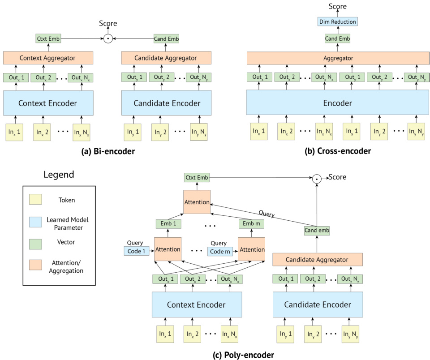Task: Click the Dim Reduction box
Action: pyautogui.click(x=337, y=21)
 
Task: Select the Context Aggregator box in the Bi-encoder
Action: pyautogui.click(x=48, y=58)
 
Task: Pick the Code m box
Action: pyautogui.click(x=220, y=252)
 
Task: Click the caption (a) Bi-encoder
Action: pyautogui.click(x=108, y=151)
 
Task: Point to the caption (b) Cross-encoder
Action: pyautogui.click(x=338, y=151)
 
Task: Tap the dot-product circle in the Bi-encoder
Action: pyautogui.click(x=107, y=39)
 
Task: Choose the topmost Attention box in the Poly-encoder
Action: pyautogui.click(x=196, y=202)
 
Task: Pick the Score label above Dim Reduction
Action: pyautogui.click(x=337, y=6)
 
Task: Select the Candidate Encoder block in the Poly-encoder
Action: pyautogui.click(x=317, y=305)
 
